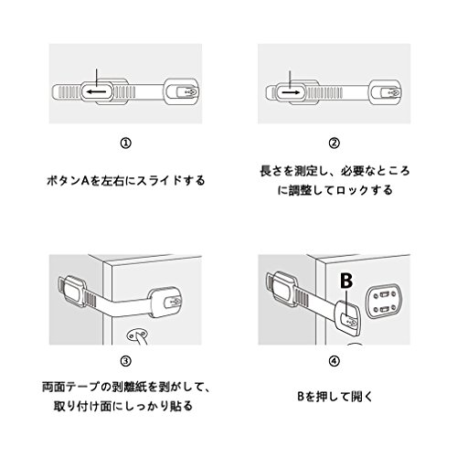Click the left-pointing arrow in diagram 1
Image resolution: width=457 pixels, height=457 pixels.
(x=96, y=91)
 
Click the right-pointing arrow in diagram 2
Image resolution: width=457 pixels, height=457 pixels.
(x=291, y=92)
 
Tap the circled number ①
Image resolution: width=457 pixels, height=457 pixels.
(x=125, y=143)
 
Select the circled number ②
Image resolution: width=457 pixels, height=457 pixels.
(x=335, y=143)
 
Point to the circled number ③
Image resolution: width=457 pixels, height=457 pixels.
(x=125, y=361)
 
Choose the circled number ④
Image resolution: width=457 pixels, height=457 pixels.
(x=335, y=361)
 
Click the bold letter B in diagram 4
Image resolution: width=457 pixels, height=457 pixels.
(x=346, y=281)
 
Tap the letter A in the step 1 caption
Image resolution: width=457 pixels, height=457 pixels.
(x=85, y=181)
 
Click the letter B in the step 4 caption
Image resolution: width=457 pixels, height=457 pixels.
(x=301, y=397)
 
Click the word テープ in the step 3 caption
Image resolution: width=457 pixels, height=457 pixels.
(x=82, y=388)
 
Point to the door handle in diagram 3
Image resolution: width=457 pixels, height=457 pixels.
(x=138, y=337)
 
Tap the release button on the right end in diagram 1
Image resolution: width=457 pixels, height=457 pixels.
(x=187, y=91)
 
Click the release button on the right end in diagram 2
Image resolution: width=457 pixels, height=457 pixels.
(x=391, y=92)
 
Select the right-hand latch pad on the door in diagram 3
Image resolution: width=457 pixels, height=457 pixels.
(x=165, y=303)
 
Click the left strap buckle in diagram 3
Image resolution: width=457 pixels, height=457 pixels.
(x=72, y=291)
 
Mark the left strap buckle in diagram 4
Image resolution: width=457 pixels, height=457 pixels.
(x=282, y=288)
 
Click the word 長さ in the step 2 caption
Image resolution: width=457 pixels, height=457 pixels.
(x=271, y=171)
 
